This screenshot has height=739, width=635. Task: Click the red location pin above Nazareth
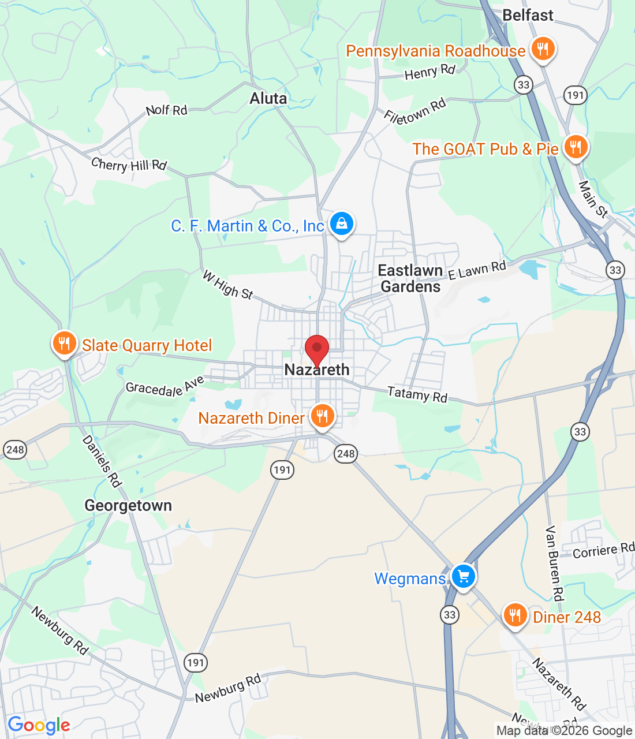pyautogui.click(x=317, y=349)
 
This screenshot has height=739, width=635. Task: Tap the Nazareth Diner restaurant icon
pyautogui.click(x=322, y=416)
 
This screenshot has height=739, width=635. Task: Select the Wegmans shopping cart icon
pyautogui.click(x=463, y=576)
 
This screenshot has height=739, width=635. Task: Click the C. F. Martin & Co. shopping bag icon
pyautogui.click(x=341, y=223)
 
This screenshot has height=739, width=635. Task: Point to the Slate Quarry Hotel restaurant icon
pyautogui.click(x=64, y=344)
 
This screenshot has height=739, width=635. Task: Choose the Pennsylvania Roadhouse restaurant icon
pyautogui.click(x=542, y=49)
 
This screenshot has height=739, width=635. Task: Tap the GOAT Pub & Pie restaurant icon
pyautogui.click(x=575, y=147)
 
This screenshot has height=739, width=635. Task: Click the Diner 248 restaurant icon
pyautogui.click(x=515, y=615)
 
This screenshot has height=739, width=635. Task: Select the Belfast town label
pyautogui.click(x=528, y=15)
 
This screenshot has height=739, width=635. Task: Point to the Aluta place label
pyautogui.click(x=268, y=99)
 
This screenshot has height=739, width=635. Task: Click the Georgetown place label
pyautogui.click(x=128, y=506)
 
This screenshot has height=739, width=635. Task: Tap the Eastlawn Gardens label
pyautogui.click(x=410, y=278)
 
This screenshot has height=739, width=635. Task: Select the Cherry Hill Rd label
pyautogui.click(x=129, y=165)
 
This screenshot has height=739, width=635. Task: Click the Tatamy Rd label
pyautogui.click(x=417, y=394)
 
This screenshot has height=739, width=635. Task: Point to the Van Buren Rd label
pyautogui.click(x=554, y=563)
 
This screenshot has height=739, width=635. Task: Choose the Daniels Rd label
pyautogui.click(x=102, y=461)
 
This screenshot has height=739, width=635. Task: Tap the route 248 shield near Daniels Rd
pyautogui.click(x=14, y=449)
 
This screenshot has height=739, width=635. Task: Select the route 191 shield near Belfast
pyautogui.click(x=575, y=95)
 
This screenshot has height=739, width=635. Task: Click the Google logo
pyautogui.click(x=39, y=725)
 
